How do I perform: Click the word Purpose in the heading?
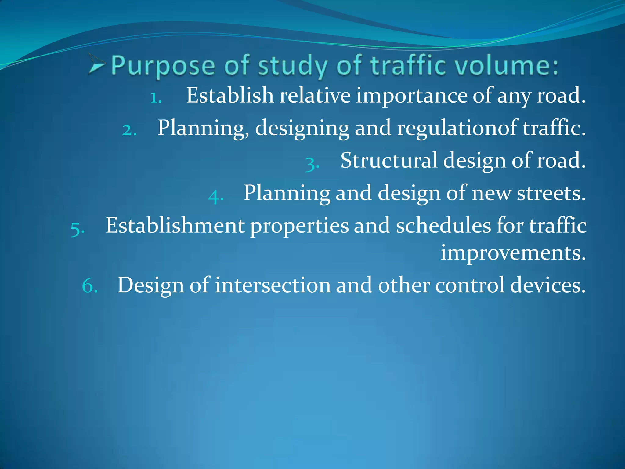(163, 66)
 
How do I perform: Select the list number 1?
(156, 98)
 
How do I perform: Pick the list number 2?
(129, 130)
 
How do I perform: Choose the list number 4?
(216, 196)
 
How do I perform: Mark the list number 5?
(77, 229)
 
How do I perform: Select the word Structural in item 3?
(389, 160)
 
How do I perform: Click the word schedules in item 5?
(443, 226)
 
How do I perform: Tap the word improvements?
(513, 253)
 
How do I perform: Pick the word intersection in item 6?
(273, 285)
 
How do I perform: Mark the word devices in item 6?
(548, 285)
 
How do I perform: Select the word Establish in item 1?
(230, 95)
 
